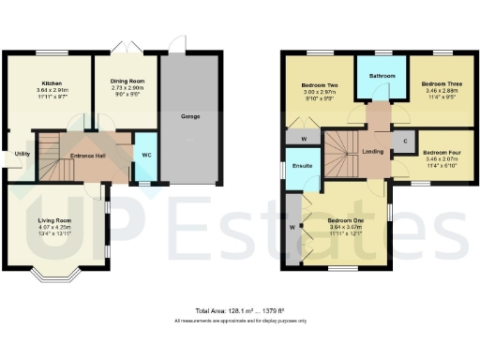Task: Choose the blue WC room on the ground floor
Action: point(146,157)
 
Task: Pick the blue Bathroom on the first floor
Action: point(382,77)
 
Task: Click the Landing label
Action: point(372,150)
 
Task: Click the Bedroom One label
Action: point(343,219)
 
